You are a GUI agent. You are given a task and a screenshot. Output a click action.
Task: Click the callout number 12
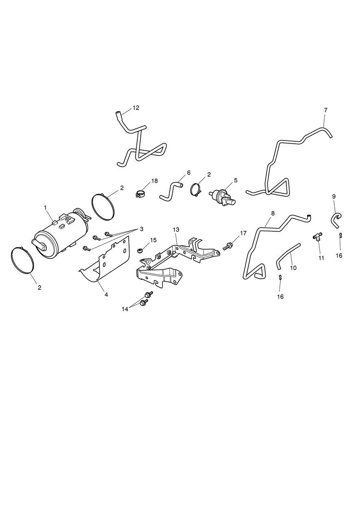136,108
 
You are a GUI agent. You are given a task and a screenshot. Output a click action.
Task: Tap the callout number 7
325,110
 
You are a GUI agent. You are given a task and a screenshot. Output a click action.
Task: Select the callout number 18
154,181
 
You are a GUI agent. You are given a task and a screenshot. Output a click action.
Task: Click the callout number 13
176,230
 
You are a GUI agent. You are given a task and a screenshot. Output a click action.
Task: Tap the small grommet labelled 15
140,251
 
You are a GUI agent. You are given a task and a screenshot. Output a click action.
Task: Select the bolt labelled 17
227,246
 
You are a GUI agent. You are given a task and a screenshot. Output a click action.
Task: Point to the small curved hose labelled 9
336,220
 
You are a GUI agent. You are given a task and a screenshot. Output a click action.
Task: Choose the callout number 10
293,268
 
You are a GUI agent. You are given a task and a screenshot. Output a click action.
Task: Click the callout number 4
106,295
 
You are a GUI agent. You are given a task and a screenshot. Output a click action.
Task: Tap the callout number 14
125,309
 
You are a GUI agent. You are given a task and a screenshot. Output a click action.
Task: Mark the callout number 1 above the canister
46,207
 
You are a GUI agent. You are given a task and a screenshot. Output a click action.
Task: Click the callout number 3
141,229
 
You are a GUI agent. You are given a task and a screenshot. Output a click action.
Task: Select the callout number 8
273,213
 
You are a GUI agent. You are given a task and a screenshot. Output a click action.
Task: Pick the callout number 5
235,180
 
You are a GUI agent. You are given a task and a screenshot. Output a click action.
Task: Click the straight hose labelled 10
288,256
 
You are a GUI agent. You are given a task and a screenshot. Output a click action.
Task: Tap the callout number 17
243,233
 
